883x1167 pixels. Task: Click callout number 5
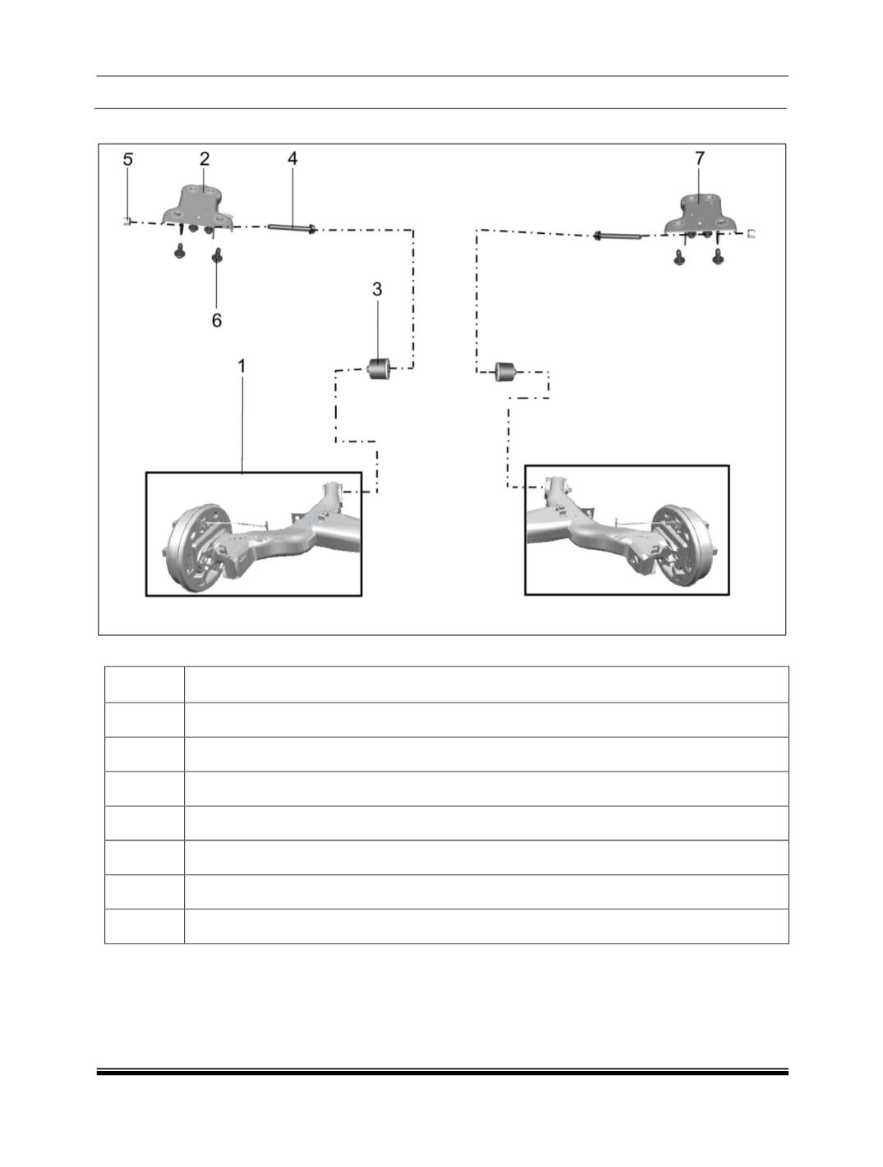click(127, 159)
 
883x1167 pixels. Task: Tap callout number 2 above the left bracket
click(205, 158)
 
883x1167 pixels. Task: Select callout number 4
click(292, 158)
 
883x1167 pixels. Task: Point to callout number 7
click(700, 158)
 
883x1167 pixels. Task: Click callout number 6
click(217, 320)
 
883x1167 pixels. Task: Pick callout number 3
click(377, 289)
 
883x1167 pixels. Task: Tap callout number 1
click(242, 366)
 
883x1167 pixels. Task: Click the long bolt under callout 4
click(292, 228)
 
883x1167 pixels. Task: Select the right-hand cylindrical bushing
click(506, 371)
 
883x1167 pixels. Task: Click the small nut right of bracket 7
click(752, 233)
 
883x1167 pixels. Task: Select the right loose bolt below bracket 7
click(718, 258)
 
